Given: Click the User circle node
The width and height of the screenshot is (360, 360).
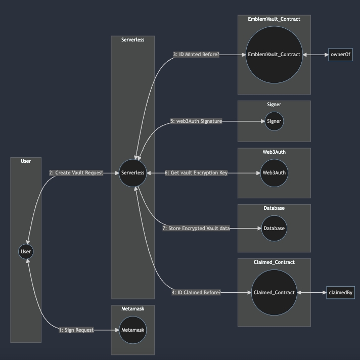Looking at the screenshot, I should point(26,251).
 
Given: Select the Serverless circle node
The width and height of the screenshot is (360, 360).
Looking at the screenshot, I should point(133,173).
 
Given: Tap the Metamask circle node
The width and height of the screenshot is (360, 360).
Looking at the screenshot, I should point(133,330).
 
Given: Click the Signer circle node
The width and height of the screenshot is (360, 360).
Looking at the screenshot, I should point(274,121).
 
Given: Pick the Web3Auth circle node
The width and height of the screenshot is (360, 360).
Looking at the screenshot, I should point(274,173).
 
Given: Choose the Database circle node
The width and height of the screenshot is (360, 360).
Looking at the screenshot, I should point(274,229).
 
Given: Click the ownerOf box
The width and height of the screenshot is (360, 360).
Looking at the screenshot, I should point(340,55).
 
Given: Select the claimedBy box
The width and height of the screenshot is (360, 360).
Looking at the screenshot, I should point(341,293).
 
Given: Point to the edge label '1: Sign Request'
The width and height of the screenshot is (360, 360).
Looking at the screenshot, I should point(76,330).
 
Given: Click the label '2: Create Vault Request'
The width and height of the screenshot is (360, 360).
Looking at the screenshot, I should point(76,173).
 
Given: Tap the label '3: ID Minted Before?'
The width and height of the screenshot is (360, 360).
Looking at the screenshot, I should point(196,55).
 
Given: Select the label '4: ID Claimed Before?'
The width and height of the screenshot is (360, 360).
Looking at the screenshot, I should point(196,293).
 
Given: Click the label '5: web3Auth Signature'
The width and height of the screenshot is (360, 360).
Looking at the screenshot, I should point(196,121).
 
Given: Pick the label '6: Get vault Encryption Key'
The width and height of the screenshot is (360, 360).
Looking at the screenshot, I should point(196,173).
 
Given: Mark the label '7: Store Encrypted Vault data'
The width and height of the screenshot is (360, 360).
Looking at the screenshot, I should point(196,229).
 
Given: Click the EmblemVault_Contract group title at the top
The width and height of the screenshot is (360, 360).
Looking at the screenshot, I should point(274,19).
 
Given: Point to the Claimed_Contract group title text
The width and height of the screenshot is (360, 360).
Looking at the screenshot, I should point(274,262).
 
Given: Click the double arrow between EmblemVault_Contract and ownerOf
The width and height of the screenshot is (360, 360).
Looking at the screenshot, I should point(316,55).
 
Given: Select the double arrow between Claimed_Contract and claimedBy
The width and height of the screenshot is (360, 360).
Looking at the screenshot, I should point(311,293).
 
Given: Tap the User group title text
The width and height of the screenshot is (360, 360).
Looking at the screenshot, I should point(26,161).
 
